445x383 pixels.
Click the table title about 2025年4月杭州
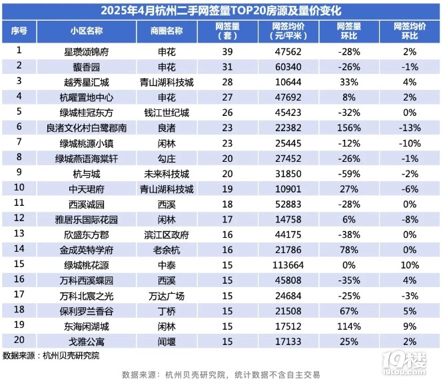pyautogui.click(x=222, y=11)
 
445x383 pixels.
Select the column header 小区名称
pyautogui.click(x=86, y=31)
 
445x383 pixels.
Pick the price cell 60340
pyautogui.click(x=286, y=67)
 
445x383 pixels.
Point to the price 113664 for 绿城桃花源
pyautogui.click(x=286, y=264)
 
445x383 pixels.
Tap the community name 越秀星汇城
pyautogui.click(x=86, y=82)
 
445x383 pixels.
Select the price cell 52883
pyautogui.click(x=286, y=203)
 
